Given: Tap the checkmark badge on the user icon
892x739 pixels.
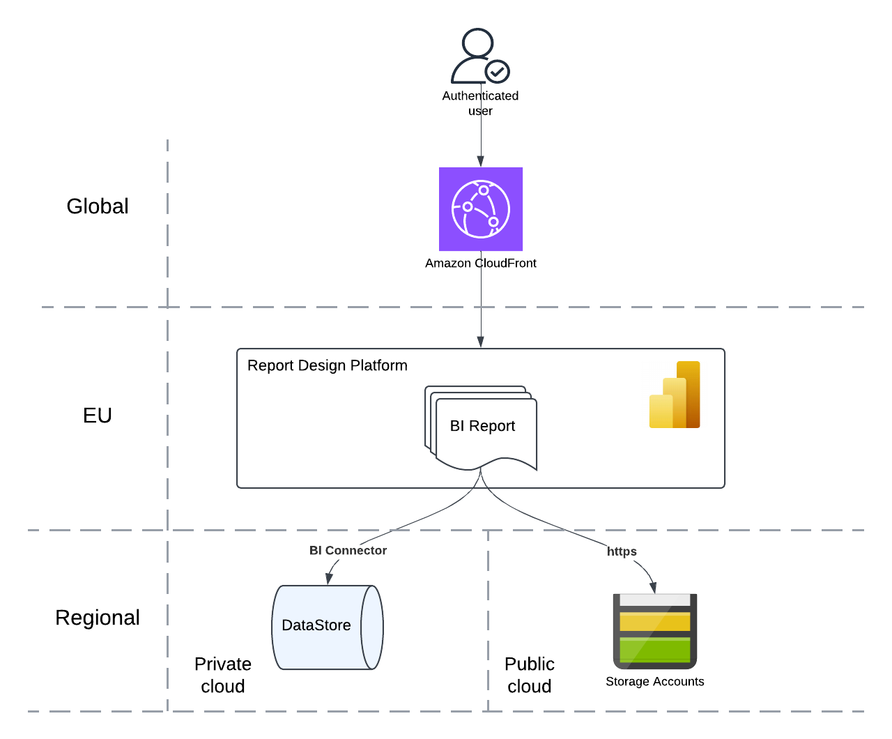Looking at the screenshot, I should [498, 71].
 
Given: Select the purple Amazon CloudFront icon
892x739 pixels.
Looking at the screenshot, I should [481, 209].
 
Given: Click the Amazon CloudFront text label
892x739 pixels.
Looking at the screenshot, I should [481, 263].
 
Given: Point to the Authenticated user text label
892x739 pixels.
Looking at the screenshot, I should [480, 103].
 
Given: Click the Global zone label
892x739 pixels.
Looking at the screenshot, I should [98, 206].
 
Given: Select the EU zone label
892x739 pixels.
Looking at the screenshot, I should [98, 416].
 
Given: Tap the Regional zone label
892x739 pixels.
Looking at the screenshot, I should [98, 618].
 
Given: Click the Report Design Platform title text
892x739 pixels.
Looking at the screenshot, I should [328, 365].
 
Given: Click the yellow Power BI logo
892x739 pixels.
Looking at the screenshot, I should [675, 395].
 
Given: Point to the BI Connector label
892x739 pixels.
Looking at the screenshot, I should [348, 551].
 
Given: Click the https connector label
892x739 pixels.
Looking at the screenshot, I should [622, 551].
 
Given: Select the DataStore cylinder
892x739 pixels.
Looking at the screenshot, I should [327, 627].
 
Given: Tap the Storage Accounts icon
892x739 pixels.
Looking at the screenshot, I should [655, 631].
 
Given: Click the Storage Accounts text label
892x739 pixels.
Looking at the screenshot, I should [655, 682].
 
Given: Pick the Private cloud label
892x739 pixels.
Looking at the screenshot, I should [223, 675].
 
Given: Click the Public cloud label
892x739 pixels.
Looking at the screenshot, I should [530, 675].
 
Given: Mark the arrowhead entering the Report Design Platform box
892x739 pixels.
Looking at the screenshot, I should [481, 342].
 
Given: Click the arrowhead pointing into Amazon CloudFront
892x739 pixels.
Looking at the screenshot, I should [481, 161].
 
